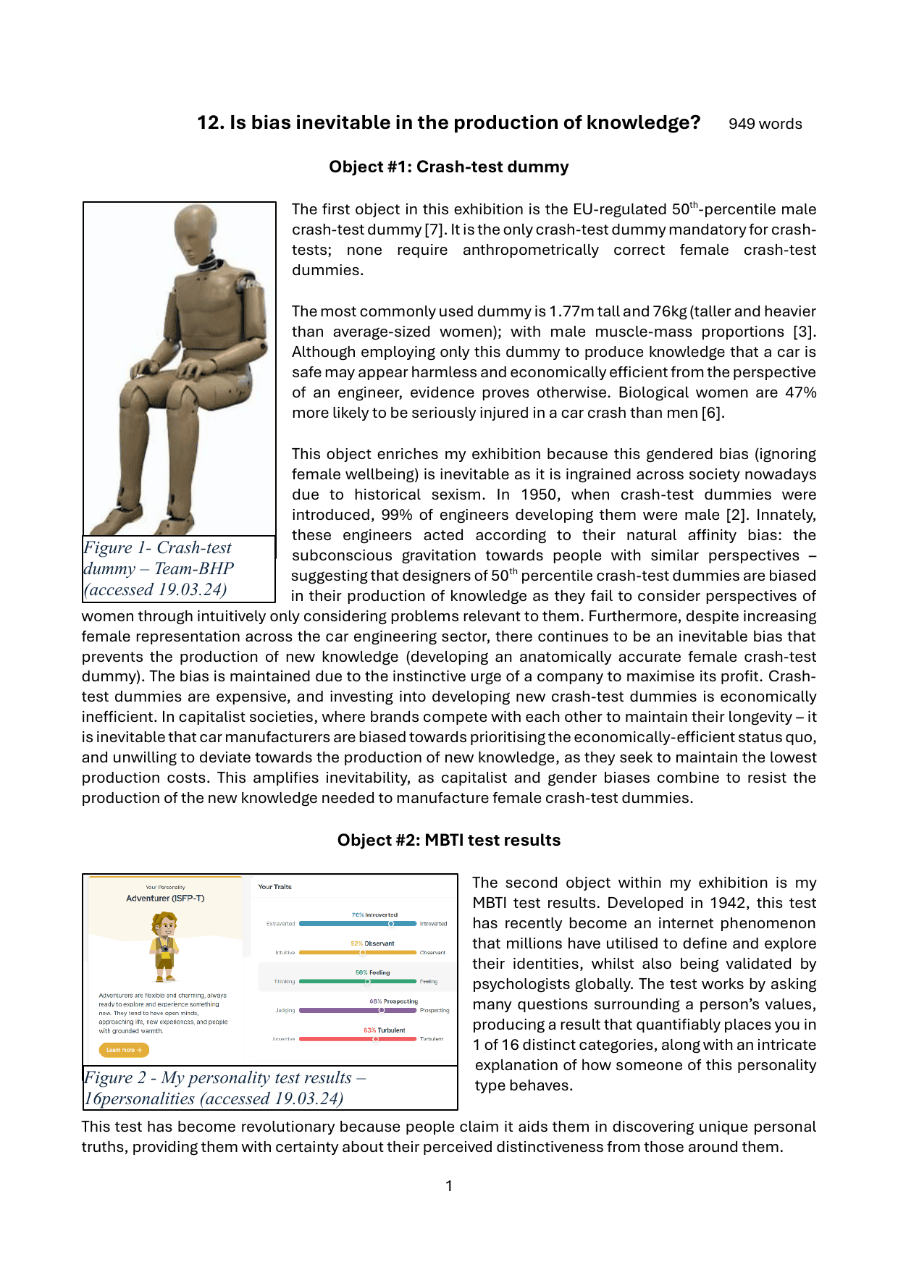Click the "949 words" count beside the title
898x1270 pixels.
(765, 124)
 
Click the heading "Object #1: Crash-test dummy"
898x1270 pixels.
(448, 167)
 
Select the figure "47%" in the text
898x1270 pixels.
(800, 392)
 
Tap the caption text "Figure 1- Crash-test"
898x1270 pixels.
(157, 548)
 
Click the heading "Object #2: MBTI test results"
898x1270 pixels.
(448, 840)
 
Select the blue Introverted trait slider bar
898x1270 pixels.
(358, 924)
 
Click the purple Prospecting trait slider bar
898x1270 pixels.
(358, 1010)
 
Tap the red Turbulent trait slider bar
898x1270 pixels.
(358, 1039)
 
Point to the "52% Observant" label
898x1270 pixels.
(372, 943)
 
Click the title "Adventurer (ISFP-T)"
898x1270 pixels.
(165, 898)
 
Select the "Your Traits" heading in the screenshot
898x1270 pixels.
(274, 887)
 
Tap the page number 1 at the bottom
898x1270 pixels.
(449, 1186)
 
